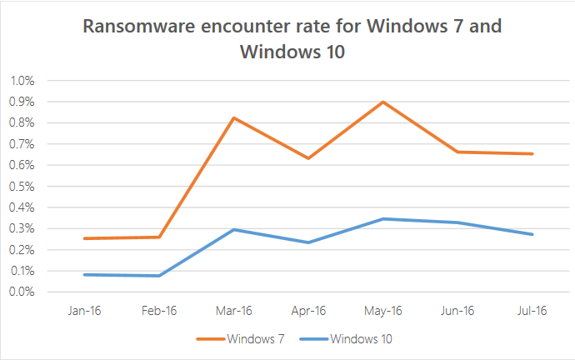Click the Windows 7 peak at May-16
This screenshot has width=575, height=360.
tap(382, 102)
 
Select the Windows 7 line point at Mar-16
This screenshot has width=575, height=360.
tap(234, 117)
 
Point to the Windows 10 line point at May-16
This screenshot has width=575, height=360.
tap(382, 218)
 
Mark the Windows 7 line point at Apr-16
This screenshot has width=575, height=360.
tap(308, 157)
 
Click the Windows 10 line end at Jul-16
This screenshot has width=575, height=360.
tap(532, 234)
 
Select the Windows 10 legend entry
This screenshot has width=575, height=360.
tap(352, 339)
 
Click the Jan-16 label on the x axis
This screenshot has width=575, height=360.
tap(85, 312)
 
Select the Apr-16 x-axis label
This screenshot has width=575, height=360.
tap(308, 312)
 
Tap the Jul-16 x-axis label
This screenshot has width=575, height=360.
tap(532, 312)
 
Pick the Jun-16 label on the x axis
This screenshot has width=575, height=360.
tap(457, 312)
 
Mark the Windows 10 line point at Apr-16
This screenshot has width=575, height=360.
tap(308, 242)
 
